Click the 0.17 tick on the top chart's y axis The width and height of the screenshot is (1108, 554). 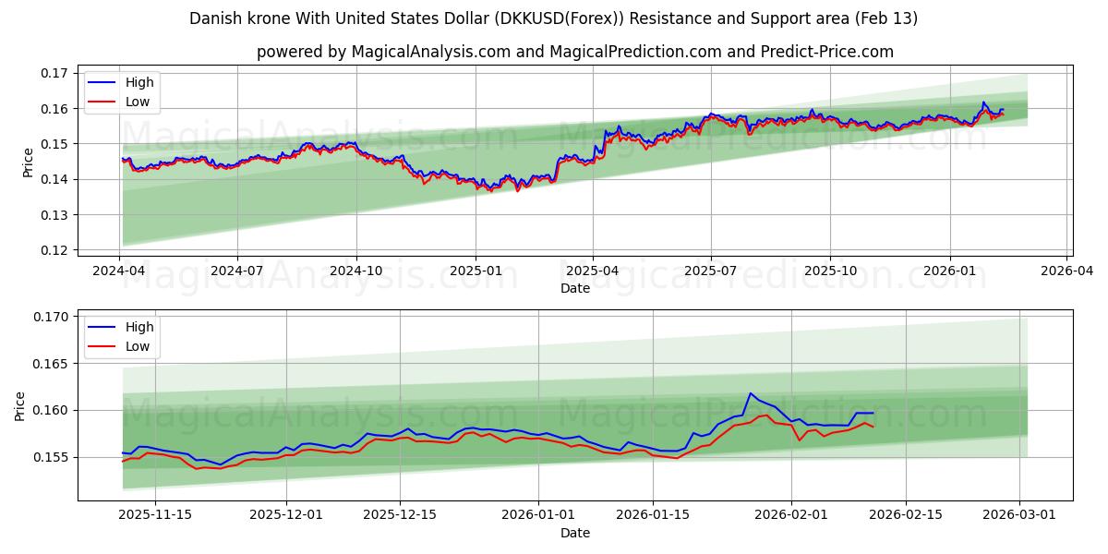[x=55, y=73]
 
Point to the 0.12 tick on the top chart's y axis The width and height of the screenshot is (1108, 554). [x=55, y=250]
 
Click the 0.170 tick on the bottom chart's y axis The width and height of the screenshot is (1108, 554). [x=51, y=317]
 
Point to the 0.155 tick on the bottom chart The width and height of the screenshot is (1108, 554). [x=51, y=457]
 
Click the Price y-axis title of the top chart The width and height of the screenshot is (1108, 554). [x=28, y=162]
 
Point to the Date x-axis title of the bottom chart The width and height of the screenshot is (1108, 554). [x=574, y=533]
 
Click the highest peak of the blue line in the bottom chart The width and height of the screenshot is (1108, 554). [x=750, y=393]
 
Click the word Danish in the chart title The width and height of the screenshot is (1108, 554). [x=213, y=18]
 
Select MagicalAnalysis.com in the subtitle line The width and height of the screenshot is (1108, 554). [x=431, y=52]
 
